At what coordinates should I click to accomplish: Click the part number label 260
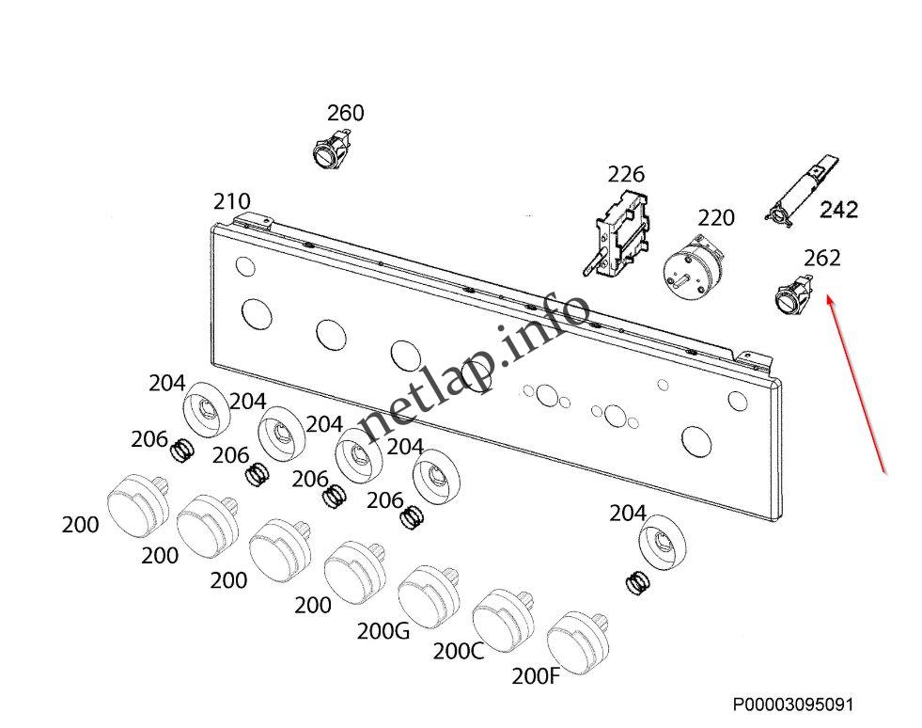point(345,113)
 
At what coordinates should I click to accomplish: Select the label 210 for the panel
point(231,201)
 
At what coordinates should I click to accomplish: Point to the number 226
point(626,174)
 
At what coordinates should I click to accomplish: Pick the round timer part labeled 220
point(694,265)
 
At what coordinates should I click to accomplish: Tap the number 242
point(838,210)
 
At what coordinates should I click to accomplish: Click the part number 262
point(821,258)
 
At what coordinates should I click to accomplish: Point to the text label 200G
point(383,631)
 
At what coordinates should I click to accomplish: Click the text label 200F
point(536,675)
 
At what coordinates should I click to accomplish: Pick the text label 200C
point(459,651)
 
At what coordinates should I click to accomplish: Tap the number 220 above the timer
point(716,218)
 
